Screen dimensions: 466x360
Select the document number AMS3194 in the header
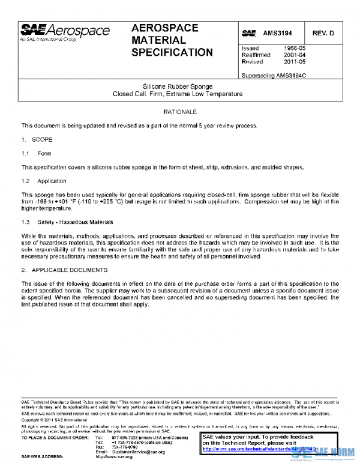(x=277, y=33)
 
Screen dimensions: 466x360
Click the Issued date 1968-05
(x=295, y=48)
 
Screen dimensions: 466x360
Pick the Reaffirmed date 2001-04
(x=295, y=55)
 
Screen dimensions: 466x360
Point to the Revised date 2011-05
(x=295, y=62)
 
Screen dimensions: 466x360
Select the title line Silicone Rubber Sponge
(x=178, y=86)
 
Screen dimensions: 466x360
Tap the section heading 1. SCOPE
(x=37, y=139)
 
